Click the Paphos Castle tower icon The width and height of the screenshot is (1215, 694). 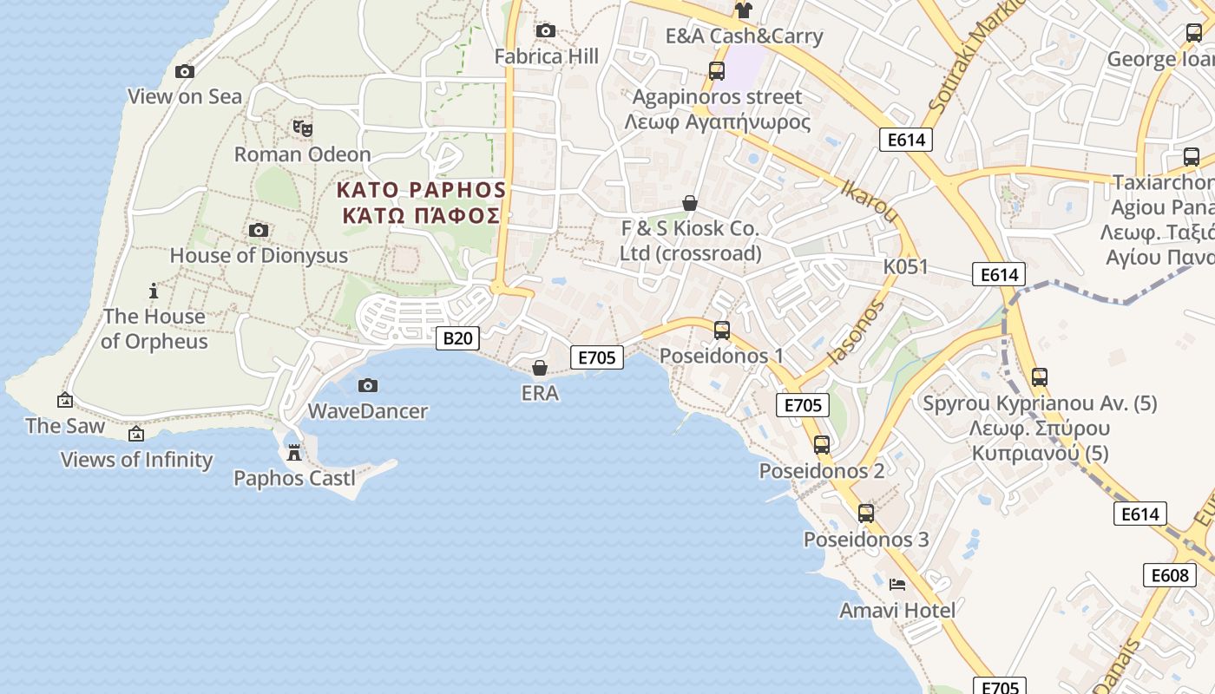pos(294,452)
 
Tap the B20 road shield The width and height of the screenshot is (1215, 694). pos(456,338)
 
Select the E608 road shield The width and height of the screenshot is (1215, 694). pos(1169,575)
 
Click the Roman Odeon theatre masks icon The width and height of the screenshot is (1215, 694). pos(302,128)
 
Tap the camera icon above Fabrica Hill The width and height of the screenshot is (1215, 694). pos(546,31)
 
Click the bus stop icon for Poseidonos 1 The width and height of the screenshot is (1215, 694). pos(721,331)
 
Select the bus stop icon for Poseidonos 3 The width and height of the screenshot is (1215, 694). pos(865,514)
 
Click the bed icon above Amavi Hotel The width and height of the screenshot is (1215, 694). pos(897,585)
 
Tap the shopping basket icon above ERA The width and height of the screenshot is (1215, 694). pos(540,368)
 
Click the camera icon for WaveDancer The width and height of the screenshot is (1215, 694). pos(368,385)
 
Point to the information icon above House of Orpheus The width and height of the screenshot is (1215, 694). pos(154,291)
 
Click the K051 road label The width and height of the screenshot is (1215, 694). pos(905,266)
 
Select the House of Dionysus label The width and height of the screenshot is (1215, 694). pos(259,256)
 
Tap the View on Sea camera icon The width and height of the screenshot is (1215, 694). pos(184,72)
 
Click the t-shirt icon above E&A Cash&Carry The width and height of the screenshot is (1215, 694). pos(743,10)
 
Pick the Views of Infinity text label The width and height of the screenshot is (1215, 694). pos(136,460)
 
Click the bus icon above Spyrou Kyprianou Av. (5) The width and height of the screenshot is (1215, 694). pos(1040,377)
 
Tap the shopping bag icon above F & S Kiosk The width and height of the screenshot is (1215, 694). pos(690,204)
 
